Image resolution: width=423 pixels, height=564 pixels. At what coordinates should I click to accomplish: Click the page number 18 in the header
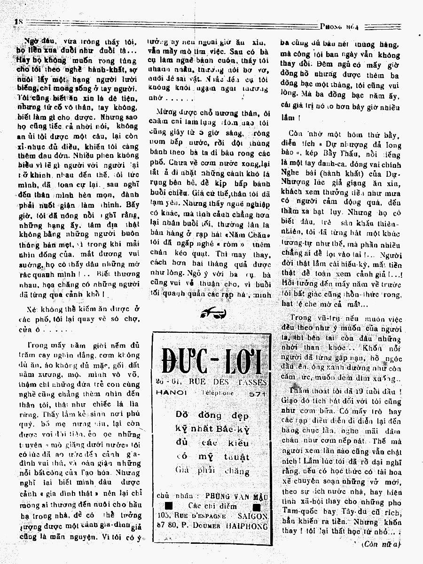point(19,21)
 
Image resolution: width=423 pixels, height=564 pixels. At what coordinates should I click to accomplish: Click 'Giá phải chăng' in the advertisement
point(212,470)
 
